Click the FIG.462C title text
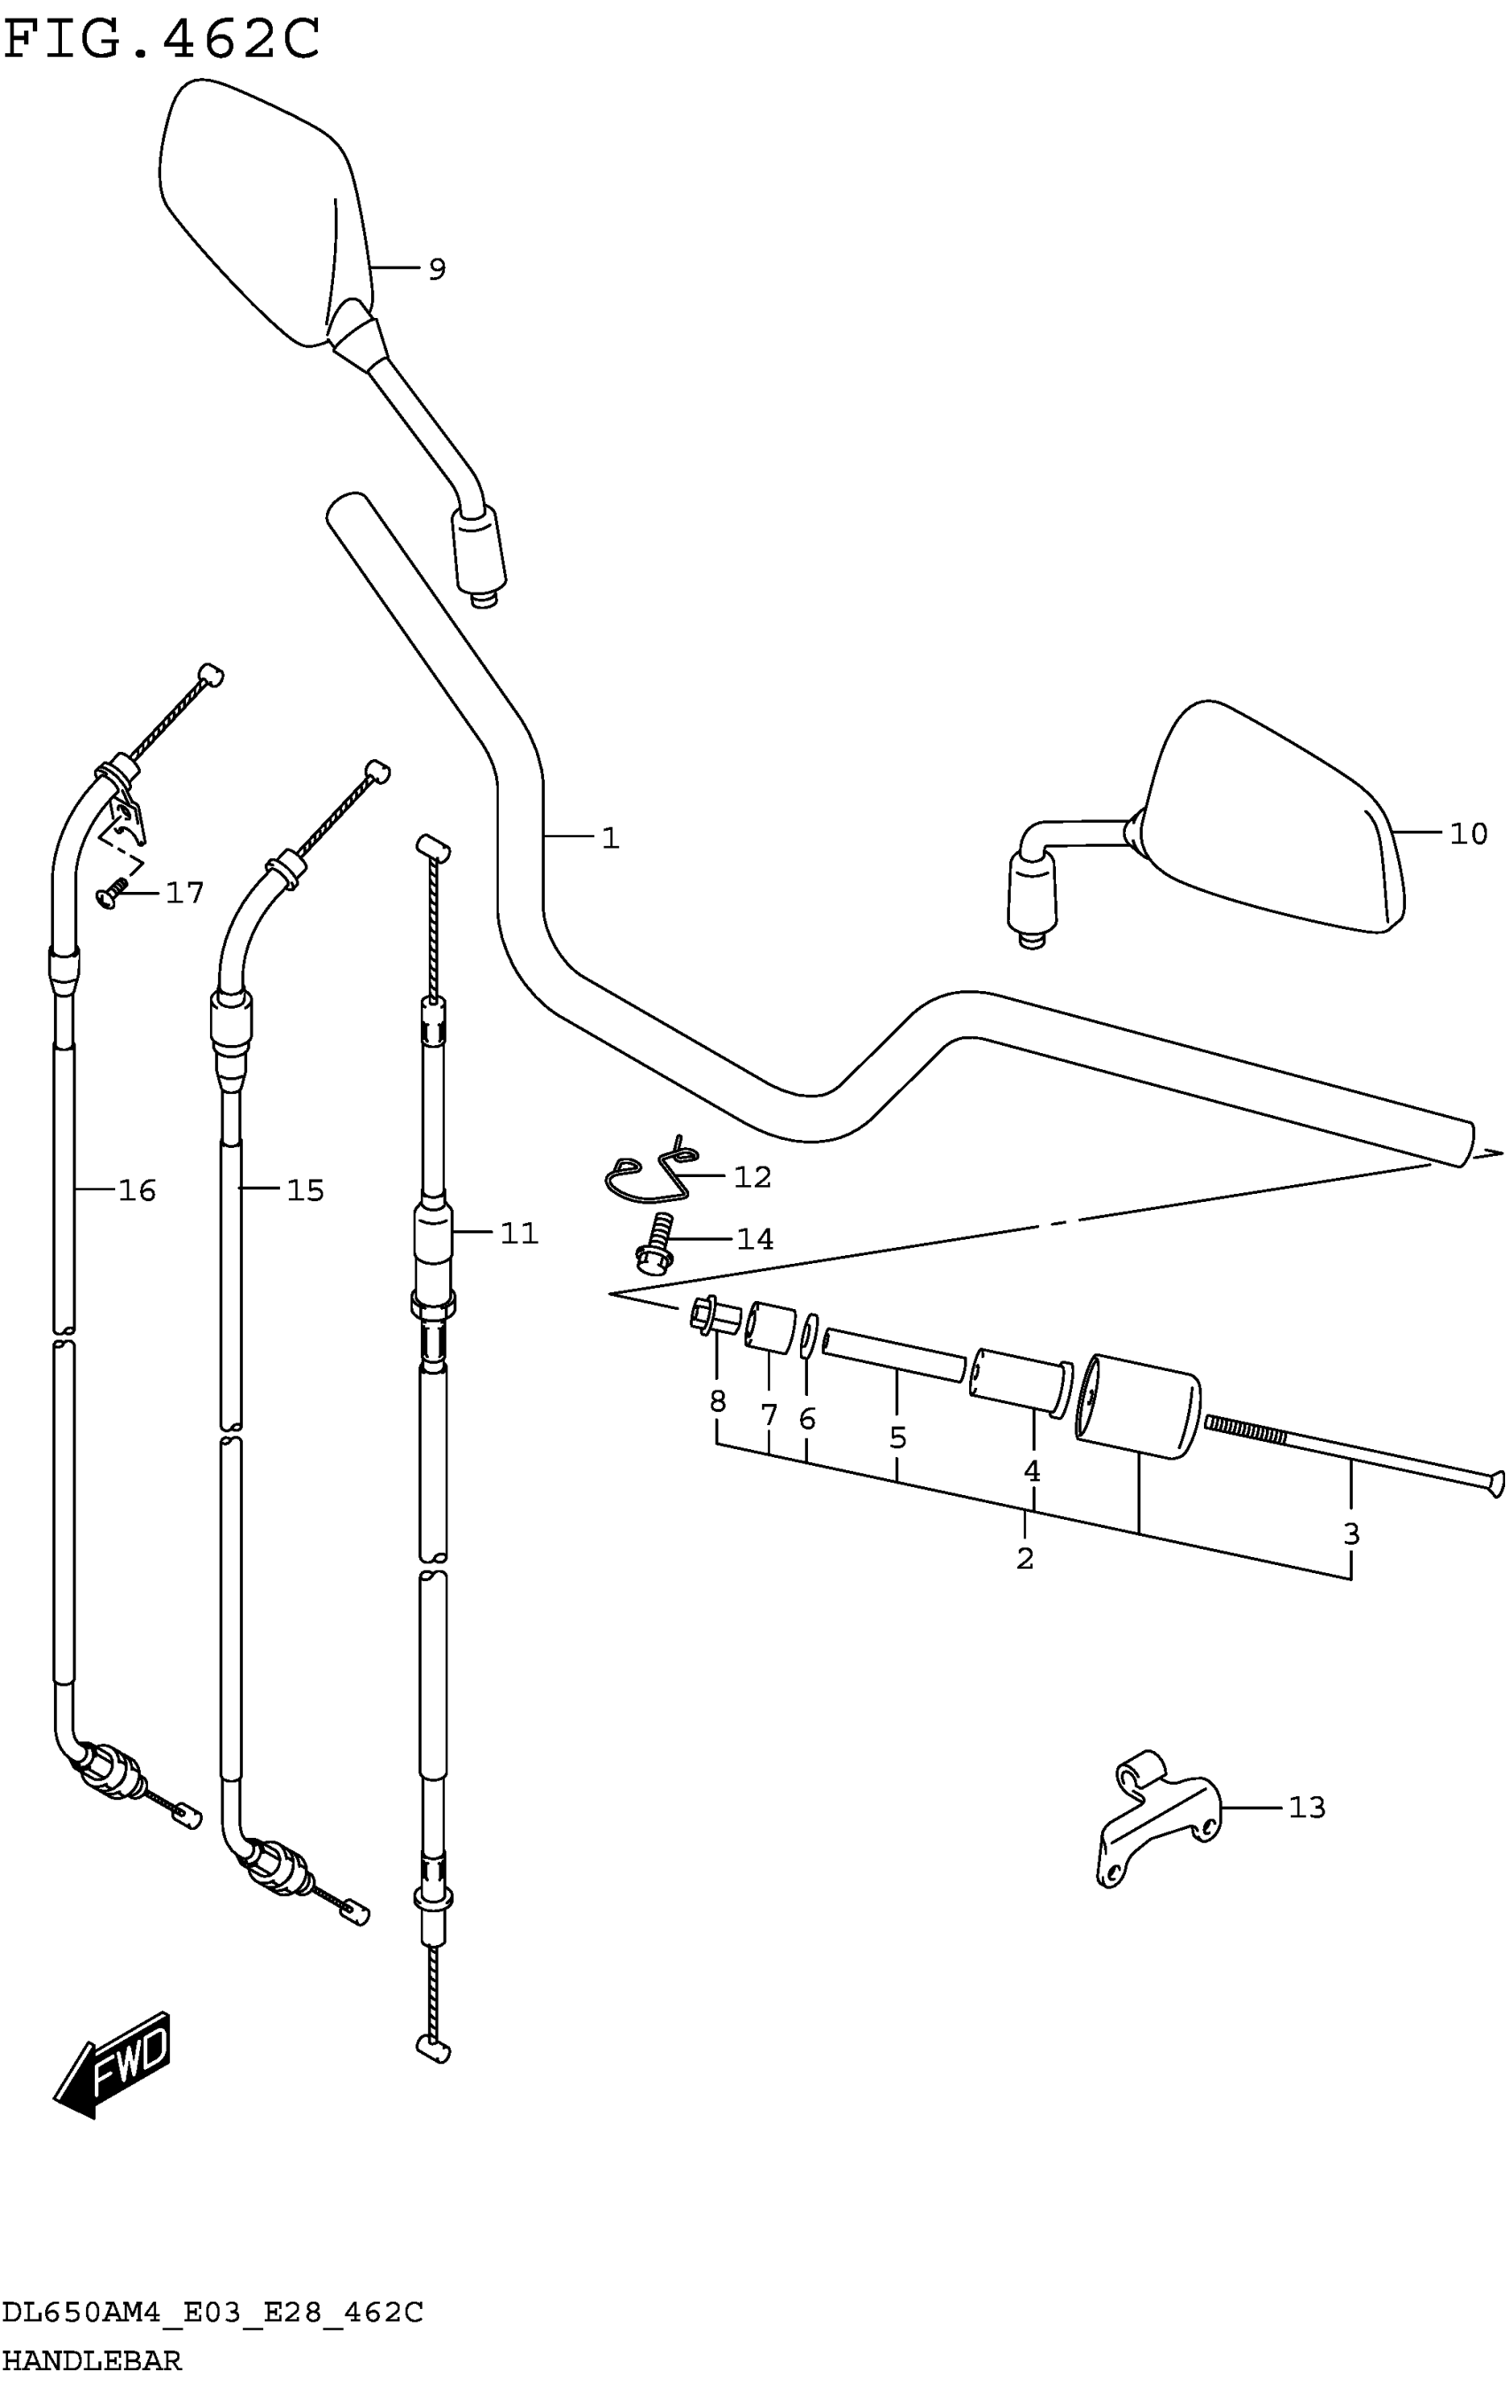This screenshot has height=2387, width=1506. point(161,40)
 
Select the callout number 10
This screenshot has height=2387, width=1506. point(1468,833)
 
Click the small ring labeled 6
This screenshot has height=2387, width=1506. point(808,1337)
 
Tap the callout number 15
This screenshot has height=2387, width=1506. point(306,1190)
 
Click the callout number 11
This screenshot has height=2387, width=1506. point(518,1233)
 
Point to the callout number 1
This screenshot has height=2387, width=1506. point(610,839)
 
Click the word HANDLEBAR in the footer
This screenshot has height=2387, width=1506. point(92,2360)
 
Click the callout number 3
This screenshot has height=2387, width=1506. point(1350,1534)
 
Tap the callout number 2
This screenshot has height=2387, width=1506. point(1025,1558)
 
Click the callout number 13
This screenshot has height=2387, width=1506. point(1307,1807)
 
